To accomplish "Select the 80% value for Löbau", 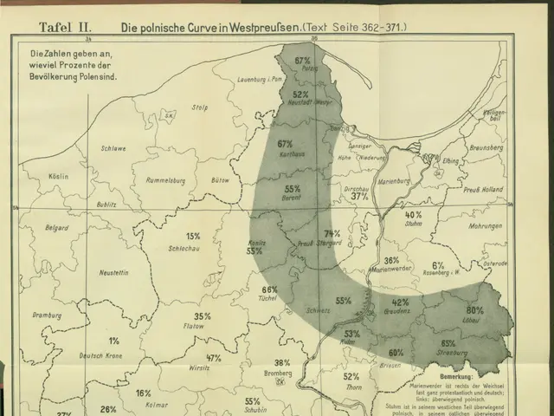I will pyautogui.click(x=474, y=310).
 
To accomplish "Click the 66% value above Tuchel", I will pyautogui.click(x=269, y=289).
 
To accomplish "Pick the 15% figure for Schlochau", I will pyautogui.click(x=193, y=236).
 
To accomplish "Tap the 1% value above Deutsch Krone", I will pyautogui.click(x=114, y=341).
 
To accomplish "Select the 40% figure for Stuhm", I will pyautogui.click(x=413, y=214).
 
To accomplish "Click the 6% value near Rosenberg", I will pyautogui.click(x=438, y=266).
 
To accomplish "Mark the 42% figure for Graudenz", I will pyautogui.click(x=400, y=302).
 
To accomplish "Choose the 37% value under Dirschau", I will pyautogui.click(x=360, y=197).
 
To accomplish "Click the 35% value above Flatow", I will pyautogui.click(x=202, y=316).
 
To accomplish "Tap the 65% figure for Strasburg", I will pyautogui.click(x=448, y=343).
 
